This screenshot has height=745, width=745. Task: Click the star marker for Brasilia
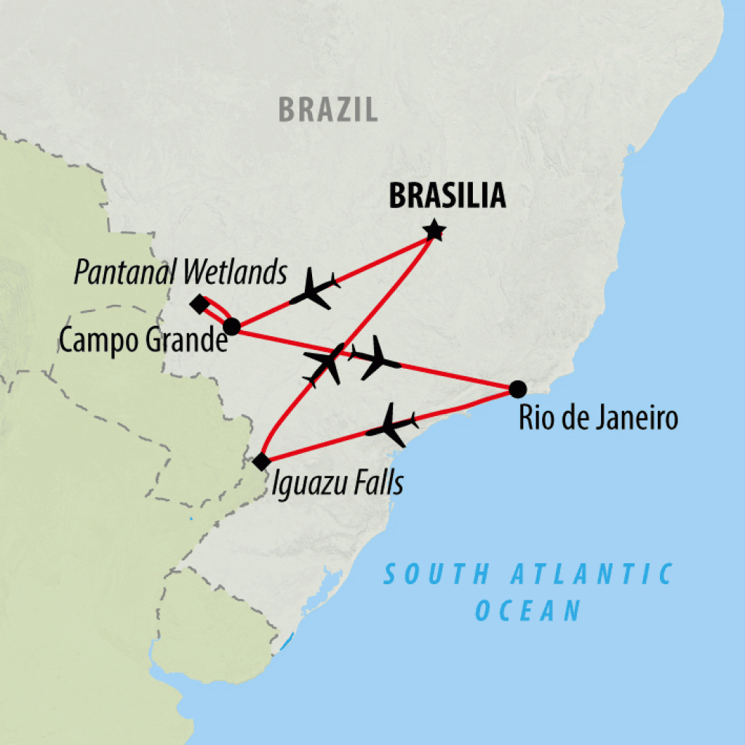434,232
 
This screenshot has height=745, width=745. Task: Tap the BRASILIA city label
447,196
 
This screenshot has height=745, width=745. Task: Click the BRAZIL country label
328,110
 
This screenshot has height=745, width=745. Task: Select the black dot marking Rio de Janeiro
517,389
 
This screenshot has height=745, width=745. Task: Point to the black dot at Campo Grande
231,327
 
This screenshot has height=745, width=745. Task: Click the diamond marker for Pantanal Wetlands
199,304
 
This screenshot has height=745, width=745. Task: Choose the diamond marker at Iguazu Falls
261,461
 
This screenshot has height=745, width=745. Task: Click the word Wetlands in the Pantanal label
234,273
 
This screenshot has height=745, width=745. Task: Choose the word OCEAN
528,610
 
